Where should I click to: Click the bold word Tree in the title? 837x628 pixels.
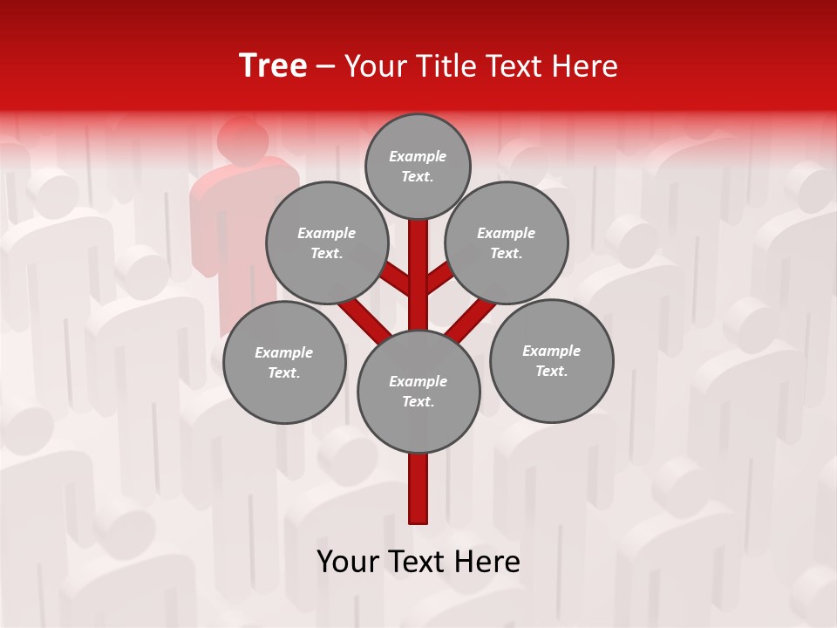(x=273, y=66)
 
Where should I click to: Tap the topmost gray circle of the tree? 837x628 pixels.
(x=418, y=166)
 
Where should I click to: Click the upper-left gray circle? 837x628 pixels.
(x=326, y=243)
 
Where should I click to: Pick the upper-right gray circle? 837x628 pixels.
(x=507, y=243)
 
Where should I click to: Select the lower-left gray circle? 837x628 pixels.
(x=284, y=362)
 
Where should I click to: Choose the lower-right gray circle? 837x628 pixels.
(x=551, y=360)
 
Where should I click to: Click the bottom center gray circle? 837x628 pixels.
(x=418, y=392)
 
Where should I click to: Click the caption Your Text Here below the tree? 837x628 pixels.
(x=418, y=562)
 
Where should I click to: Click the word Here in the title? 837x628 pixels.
(x=588, y=66)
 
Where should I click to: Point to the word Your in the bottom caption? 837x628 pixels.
(x=348, y=562)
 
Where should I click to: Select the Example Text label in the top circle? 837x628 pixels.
(x=418, y=166)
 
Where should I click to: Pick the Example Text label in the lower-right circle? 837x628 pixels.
(x=551, y=360)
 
